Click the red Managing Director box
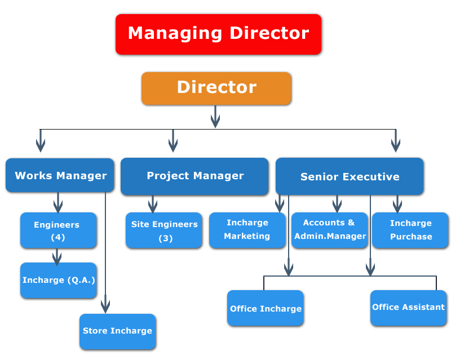[x=218, y=34]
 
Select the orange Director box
[x=216, y=88]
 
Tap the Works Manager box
[x=60, y=175]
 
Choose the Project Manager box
[x=194, y=176]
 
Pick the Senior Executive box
[x=350, y=176]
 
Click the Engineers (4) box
[x=59, y=230]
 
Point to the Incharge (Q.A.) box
[x=59, y=280]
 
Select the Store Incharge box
[x=118, y=331]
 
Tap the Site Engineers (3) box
[x=164, y=230]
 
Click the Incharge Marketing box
[x=247, y=230]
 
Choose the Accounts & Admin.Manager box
[x=330, y=230]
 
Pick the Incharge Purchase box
[x=410, y=230]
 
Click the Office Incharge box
[x=265, y=308]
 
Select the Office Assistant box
[x=408, y=308]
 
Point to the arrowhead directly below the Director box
[x=215, y=121]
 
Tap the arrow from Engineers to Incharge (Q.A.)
[x=57, y=257]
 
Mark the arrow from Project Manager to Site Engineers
[x=153, y=204]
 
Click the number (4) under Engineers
[x=58, y=237]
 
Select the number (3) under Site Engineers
[x=166, y=238]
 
